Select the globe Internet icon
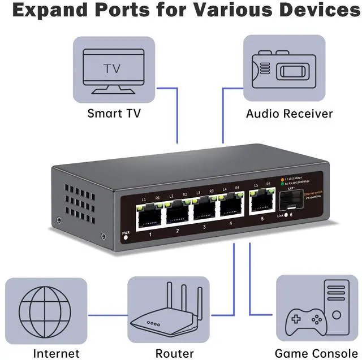[45, 310]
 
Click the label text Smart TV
[113, 114]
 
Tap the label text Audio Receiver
[289, 114]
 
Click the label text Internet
[56, 354]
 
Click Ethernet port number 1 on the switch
[149, 214]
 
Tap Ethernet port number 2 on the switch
[178, 212]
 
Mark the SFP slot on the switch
[290, 201]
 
